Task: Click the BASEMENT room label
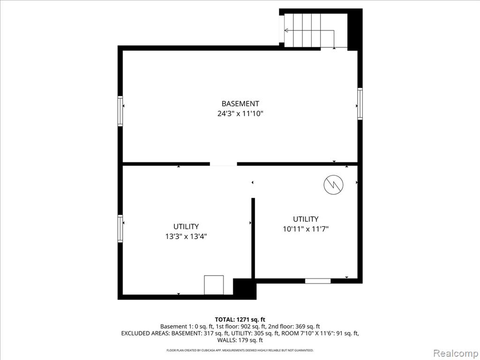pyautogui.click(x=240, y=104)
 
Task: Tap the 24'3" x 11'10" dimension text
pyautogui.click(x=240, y=113)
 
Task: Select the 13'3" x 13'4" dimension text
pyautogui.click(x=186, y=236)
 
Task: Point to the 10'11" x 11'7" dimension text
pyautogui.click(x=306, y=229)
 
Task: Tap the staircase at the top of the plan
pyautogui.click(x=315, y=30)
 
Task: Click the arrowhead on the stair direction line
pyautogui.click(x=286, y=30)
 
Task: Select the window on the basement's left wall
pyautogui.click(x=120, y=111)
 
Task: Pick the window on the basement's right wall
pyautogui.click(x=360, y=104)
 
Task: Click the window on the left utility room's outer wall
pyautogui.click(x=120, y=229)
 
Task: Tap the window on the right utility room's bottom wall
pyautogui.click(x=318, y=281)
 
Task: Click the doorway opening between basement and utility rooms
pyautogui.click(x=223, y=164)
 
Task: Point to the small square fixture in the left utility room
pyautogui.click(x=214, y=285)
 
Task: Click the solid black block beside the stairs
pyautogui.click(x=355, y=30)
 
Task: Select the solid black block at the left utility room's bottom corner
pyautogui.click(x=245, y=289)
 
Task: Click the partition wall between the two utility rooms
pyautogui.click(x=253, y=238)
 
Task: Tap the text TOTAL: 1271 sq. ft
pyautogui.click(x=240, y=320)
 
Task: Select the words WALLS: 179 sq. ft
pyautogui.click(x=240, y=340)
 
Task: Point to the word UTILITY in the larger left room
pyautogui.click(x=186, y=226)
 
